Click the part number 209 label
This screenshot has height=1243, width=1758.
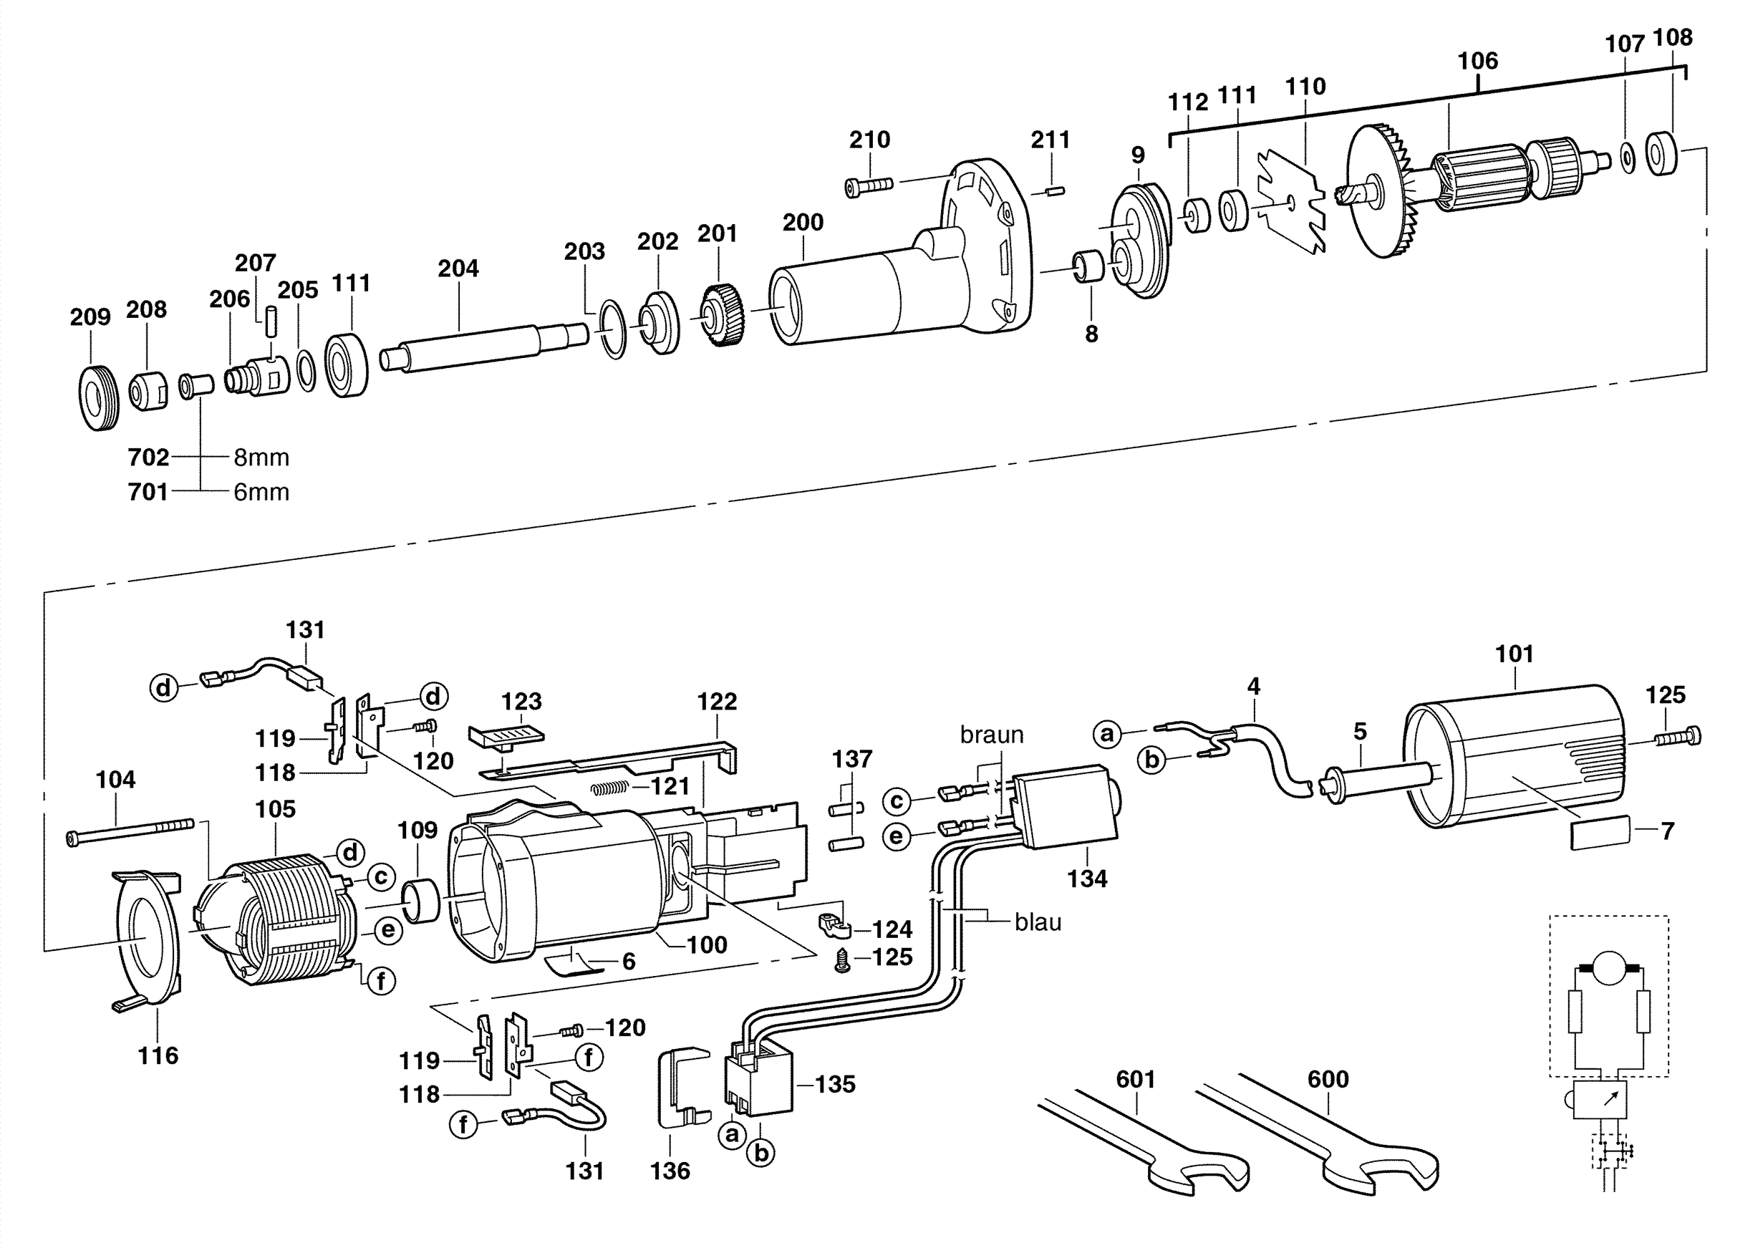click(90, 317)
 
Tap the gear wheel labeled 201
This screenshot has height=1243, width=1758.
click(720, 314)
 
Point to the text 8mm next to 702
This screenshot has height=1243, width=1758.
click(261, 458)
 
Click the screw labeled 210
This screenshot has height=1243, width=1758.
click(869, 186)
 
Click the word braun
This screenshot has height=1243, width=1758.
click(992, 735)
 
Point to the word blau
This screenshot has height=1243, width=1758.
click(1038, 922)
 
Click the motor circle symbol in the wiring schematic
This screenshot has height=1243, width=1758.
click(1608, 967)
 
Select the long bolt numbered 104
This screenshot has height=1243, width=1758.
click(130, 832)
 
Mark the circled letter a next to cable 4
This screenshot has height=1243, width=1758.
click(1106, 734)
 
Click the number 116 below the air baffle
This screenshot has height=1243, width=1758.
click(158, 1055)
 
